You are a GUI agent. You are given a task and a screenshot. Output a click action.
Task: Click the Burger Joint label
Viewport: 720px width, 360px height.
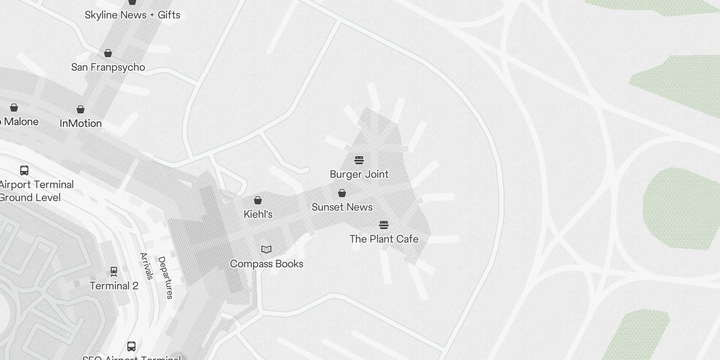tap(359, 174)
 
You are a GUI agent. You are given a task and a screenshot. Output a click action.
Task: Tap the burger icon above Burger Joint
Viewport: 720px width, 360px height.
tap(359, 160)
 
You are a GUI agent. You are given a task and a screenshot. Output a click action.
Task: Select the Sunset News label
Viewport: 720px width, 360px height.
tap(342, 207)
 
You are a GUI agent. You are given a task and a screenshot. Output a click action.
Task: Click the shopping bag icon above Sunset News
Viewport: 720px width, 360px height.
tap(342, 193)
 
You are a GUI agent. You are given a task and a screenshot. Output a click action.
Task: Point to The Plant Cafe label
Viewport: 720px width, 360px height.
tap(384, 239)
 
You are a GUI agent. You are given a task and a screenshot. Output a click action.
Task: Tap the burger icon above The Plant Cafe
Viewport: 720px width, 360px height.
tap(383, 225)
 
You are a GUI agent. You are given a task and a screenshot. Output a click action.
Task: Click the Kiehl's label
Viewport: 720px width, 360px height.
tap(258, 214)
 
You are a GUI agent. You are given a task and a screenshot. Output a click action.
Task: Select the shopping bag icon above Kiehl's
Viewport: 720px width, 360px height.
tap(258, 200)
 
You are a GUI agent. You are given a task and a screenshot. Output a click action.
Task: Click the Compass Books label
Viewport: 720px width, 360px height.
tap(266, 264)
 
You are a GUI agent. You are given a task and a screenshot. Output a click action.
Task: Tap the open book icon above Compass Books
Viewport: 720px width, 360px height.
tap(266, 249)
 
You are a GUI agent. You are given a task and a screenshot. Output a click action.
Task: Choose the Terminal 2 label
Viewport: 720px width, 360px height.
tap(114, 286)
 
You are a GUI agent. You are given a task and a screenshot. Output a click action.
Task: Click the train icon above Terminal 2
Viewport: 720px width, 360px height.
tap(114, 271)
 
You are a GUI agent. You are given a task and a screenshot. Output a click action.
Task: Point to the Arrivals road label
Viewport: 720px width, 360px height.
tap(147, 266)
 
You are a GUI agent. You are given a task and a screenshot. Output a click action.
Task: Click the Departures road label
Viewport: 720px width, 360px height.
tap(165, 278)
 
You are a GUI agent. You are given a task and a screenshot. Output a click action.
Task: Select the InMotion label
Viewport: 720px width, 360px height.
tap(81, 123)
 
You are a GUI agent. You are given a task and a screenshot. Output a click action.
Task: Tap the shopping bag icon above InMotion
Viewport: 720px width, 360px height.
tap(81, 109)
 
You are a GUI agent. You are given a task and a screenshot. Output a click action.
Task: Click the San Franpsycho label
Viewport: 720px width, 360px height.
tap(108, 67)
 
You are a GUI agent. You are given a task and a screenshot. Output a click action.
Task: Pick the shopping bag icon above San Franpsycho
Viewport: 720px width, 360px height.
tap(108, 54)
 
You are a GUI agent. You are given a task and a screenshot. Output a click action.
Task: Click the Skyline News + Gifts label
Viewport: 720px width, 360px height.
tap(132, 15)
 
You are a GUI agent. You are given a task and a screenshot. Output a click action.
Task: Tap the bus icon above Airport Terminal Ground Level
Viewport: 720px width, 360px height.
tap(24, 171)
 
